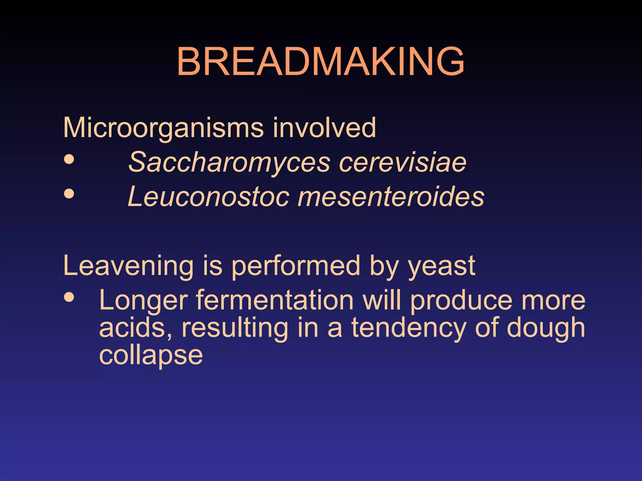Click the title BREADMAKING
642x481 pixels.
point(320,61)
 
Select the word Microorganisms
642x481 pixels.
point(163,128)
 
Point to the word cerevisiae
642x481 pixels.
point(403,162)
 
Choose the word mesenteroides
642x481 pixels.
point(391,197)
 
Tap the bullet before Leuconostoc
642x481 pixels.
point(69,194)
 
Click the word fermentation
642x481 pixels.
point(275,300)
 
